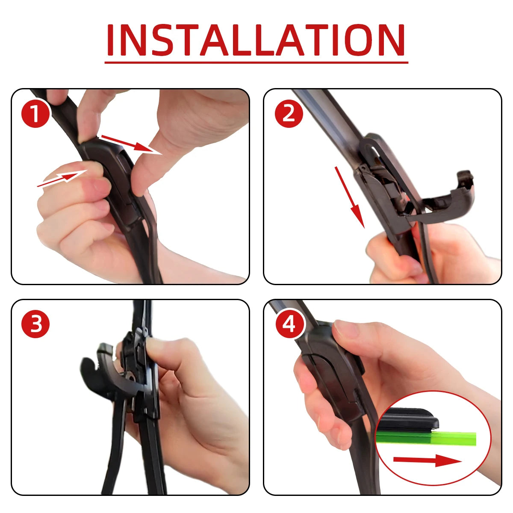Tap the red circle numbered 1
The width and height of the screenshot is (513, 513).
35,113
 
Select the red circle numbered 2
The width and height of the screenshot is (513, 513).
289,113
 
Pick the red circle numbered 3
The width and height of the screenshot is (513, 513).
35,324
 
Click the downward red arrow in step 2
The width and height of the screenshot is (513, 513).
349,197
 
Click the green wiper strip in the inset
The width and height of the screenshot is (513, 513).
427,438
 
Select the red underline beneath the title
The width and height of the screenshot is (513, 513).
256,62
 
